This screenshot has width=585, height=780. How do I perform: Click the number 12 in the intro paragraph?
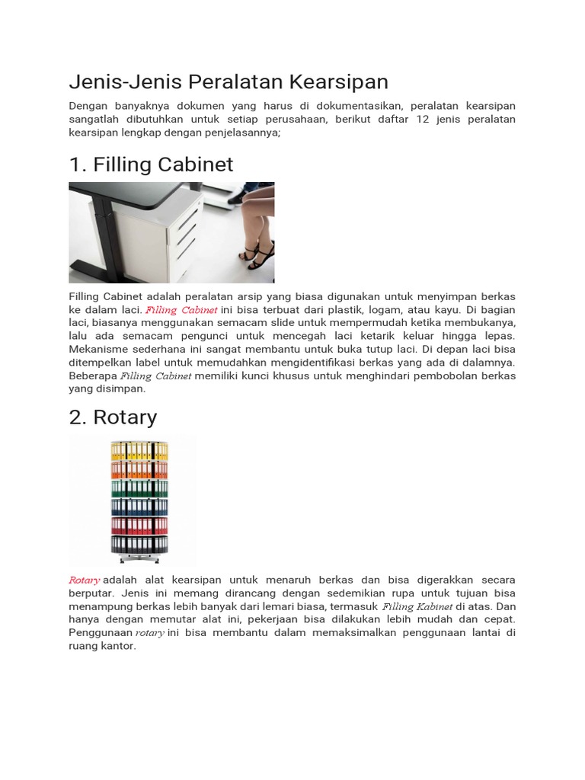424,120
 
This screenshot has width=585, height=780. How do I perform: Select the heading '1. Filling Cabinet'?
151,165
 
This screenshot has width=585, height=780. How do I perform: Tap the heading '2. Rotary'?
113,417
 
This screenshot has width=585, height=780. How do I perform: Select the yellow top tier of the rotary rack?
139,449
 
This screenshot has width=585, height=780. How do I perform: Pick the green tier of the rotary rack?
139,487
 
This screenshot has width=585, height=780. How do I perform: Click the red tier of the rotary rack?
139,526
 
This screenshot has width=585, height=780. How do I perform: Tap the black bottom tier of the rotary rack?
139,545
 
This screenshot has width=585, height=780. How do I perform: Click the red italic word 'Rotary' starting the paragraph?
84,580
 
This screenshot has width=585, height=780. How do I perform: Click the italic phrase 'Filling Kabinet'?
417,607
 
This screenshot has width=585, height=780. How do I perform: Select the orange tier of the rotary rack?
139,468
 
